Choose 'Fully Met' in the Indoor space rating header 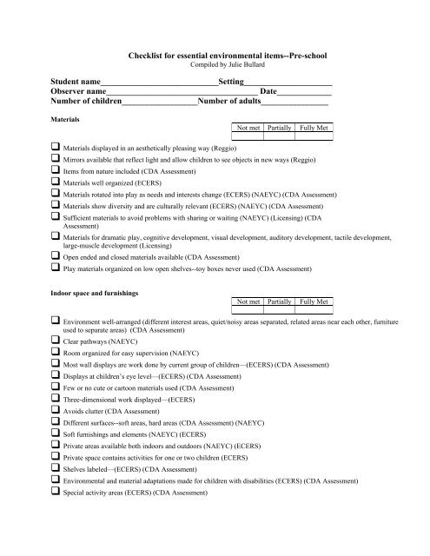pos(313,302)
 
